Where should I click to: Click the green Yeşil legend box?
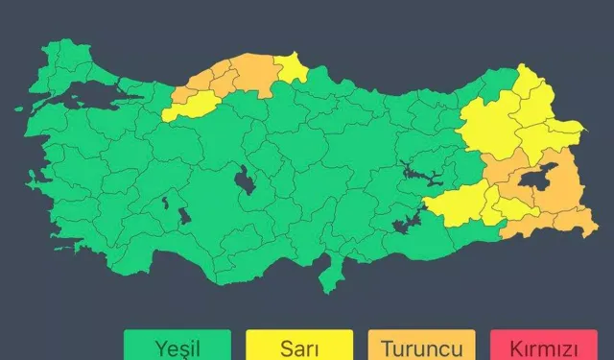177,345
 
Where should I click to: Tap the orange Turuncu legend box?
421,345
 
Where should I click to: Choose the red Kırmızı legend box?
543,345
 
